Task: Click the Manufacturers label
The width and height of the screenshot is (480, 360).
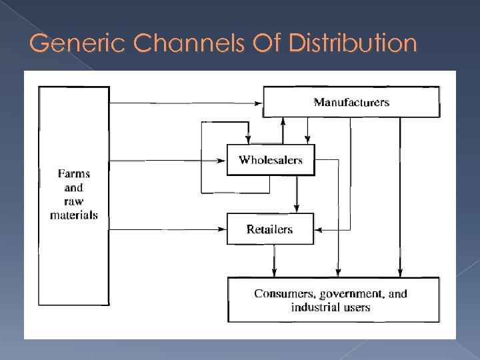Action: [351, 102]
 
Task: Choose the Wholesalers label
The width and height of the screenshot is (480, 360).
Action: [270, 160]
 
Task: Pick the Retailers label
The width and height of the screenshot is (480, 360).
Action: [269, 229]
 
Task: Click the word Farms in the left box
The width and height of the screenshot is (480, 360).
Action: [73, 173]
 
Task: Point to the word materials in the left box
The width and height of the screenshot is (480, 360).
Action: [73, 215]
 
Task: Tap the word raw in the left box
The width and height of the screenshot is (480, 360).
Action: [73, 201]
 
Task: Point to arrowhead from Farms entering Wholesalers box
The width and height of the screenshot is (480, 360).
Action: [223, 160]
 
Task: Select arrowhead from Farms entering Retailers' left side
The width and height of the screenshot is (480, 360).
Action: [223, 229]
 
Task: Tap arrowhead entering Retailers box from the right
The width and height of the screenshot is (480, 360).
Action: [318, 229]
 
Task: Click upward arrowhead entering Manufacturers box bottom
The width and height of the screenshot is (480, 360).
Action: [283, 121]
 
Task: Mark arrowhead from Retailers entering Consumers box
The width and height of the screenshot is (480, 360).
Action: [273, 274]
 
